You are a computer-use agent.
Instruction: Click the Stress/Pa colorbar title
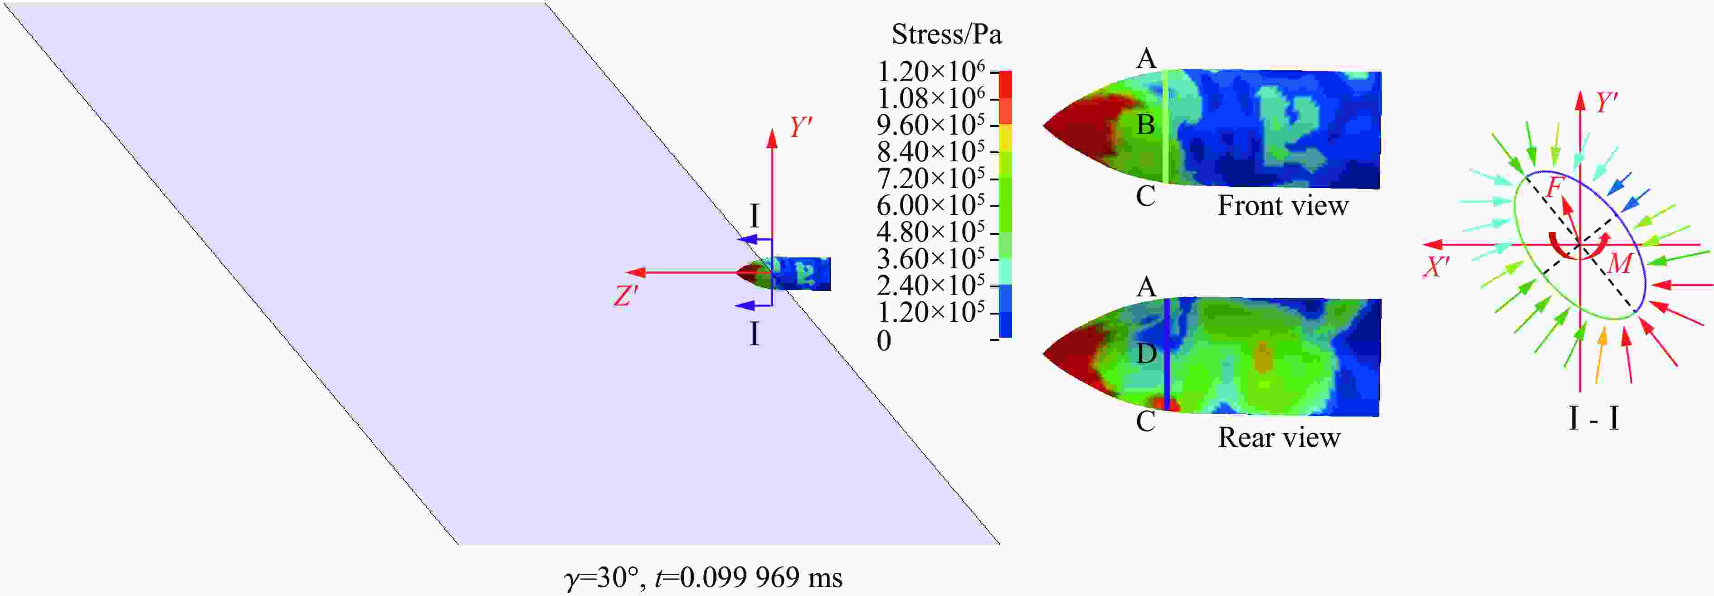pyautogui.click(x=946, y=34)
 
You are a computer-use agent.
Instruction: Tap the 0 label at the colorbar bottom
pyautogui.click(x=884, y=340)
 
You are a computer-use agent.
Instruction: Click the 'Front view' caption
pyautogui.click(x=1283, y=205)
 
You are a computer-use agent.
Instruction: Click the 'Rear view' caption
pyautogui.click(x=1279, y=437)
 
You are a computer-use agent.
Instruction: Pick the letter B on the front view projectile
pyautogui.click(x=1145, y=124)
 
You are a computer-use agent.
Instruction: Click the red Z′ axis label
pyautogui.click(x=625, y=296)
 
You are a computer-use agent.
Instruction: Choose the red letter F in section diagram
pyautogui.click(x=1553, y=188)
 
